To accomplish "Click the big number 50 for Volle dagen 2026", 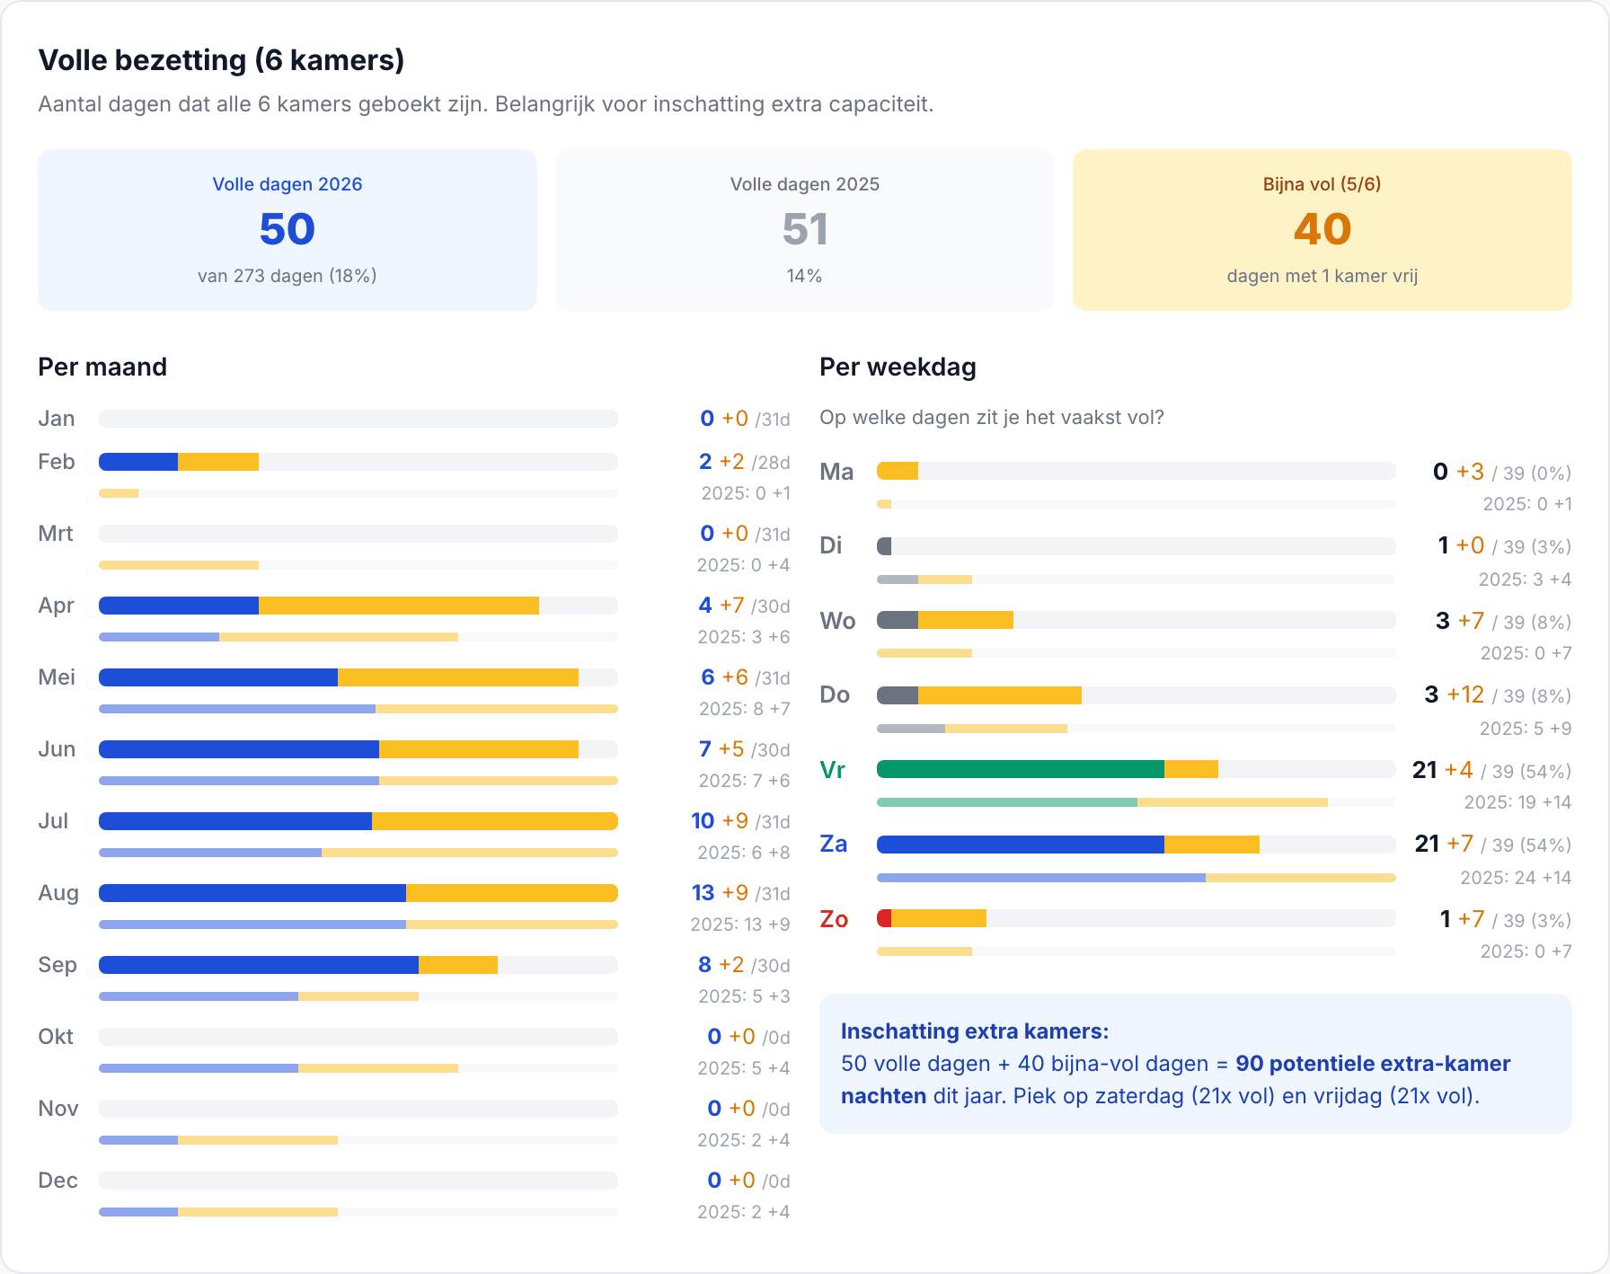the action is pyautogui.click(x=287, y=229).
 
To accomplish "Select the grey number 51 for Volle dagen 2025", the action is pyautogui.click(x=805, y=229).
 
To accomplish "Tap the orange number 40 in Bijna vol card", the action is pyautogui.click(x=1322, y=229).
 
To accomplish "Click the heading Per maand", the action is pyautogui.click(x=102, y=367).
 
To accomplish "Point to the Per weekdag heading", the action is pyautogui.click(x=898, y=367).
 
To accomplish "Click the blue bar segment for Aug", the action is pyautogui.click(x=252, y=893).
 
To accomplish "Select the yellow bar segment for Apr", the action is pyautogui.click(x=399, y=606).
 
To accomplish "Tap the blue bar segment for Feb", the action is pyautogui.click(x=138, y=462).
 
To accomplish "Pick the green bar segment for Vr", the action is pyautogui.click(x=1021, y=769).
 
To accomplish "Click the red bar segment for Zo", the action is pyautogui.click(x=884, y=918).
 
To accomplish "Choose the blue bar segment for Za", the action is pyautogui.click(x=1021, y=845).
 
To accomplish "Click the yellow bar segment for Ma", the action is pyautogui.click(x=898, y=471).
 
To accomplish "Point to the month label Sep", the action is pyautogui.click(x=57, y=965).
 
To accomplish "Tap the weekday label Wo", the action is pyautogui.click(x=837, y=621).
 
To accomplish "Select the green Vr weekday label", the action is pyautogui.click(x=833, y=770).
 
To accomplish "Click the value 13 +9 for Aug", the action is pyautogui.click(x=720, y=893).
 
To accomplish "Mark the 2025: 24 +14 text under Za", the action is pyautogui.click(x=1516, y=878).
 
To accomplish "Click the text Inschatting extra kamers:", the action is pyautogui.click(x=975, y=1031).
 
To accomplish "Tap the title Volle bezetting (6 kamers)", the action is pyautogui.click(x=221, y=60).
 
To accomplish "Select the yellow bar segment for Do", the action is pyautogui.click(x=1000, y=695).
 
